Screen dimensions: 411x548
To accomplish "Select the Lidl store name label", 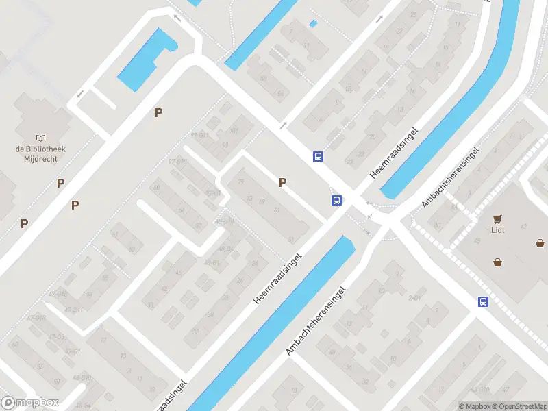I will pyautogui.click(x=498, y=229).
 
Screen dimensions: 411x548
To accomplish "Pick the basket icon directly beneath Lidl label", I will pyautogui.click(x=497, y=261).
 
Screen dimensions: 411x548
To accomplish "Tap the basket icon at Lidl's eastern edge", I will pyautogui.click(x=540, y=242).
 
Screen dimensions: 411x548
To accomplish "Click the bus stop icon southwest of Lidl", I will pyautogui.click(x=483, y=301).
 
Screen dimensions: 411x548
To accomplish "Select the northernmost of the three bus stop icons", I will pyautogui.click(x=318, y=156).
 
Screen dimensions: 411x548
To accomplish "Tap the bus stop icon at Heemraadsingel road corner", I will pyautogui.click(x=336, y=200).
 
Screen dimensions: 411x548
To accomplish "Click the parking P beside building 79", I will pyautogui.click(x=282, y=182).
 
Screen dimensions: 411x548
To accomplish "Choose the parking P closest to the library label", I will pyautogui.click(x=61, y=183).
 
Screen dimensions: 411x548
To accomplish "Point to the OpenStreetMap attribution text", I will pyautogui.click(x=518, y=406).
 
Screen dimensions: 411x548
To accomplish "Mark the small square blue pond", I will pyautogui.click(x=313, y=24).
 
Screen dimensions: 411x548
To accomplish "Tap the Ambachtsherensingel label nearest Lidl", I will pyautogui.click(x=449, y=176).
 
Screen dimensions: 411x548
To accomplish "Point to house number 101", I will pyautogui.click(x=234, y=130).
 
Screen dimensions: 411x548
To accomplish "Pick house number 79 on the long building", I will pyautogui.click(x=240, y=182).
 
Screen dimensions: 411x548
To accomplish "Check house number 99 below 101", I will pyautogui.click(x=225, y=145).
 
